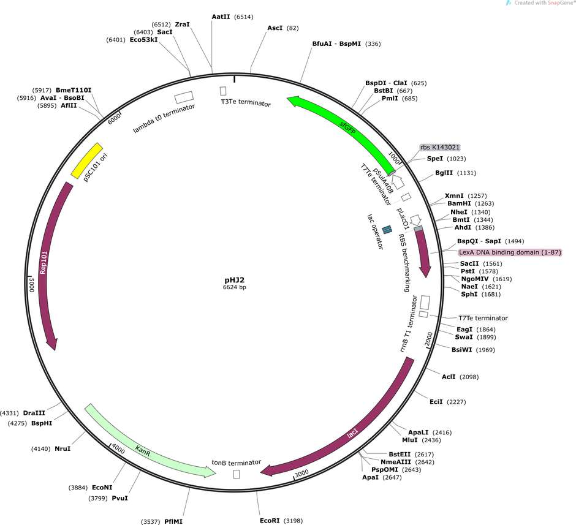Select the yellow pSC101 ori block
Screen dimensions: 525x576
[x=86, y=161]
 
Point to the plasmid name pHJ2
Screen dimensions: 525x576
[x=234, y=279]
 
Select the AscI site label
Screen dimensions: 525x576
[x=275, y=28]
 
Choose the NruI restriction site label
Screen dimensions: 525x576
[x=63, y=448]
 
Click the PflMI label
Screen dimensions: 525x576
[x=173, y=521]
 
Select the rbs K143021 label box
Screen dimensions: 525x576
[x=439, y=147]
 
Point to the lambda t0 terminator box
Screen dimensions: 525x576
[x=184, y=97]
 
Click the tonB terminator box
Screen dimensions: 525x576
[x=237, y=474]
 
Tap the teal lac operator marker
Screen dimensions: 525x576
[x=387, y=229]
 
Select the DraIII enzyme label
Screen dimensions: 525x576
[x=34, y=413]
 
